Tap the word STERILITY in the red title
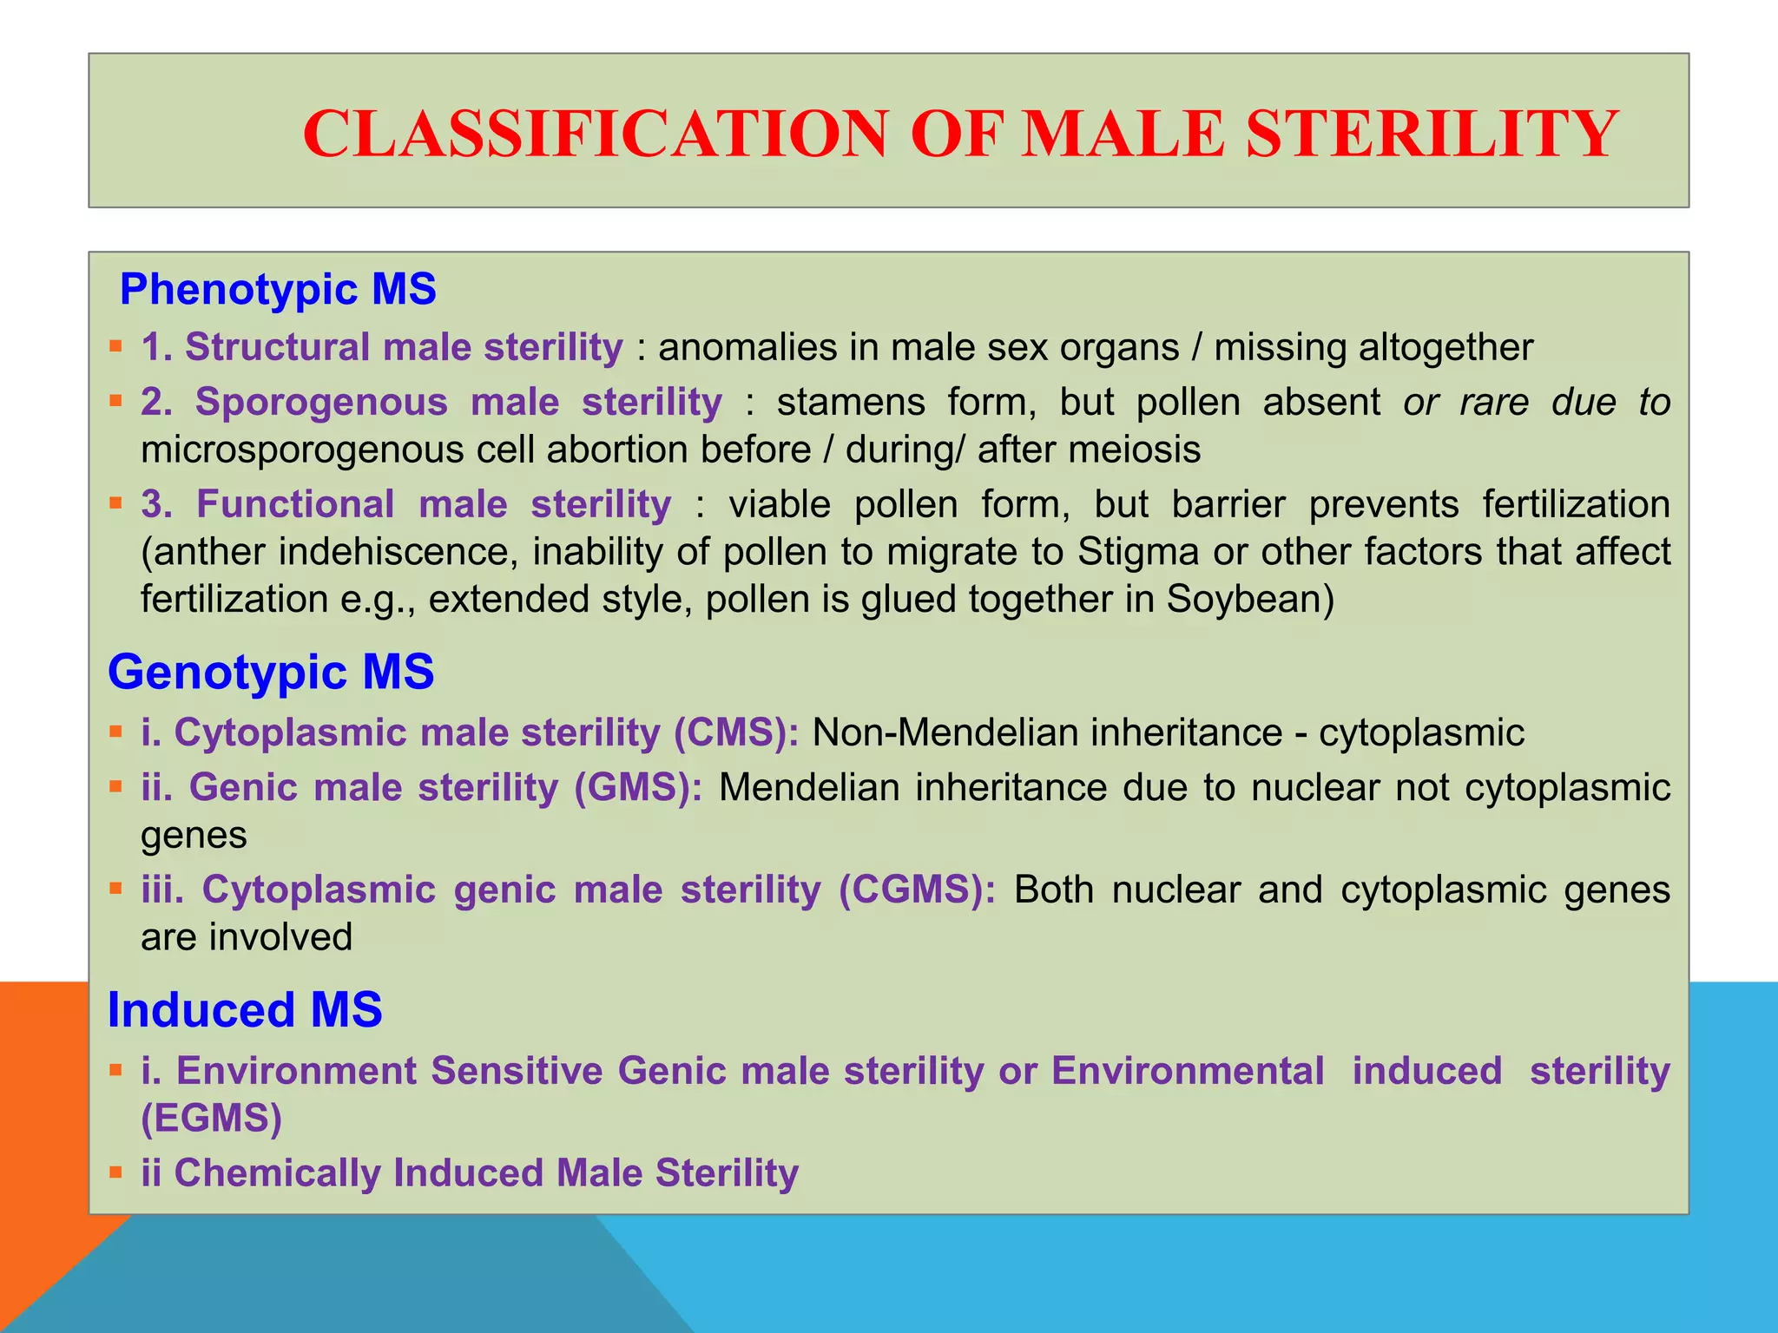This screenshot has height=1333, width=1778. click(x=1432, y=135)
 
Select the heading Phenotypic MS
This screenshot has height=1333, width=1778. click(x=278, y=289)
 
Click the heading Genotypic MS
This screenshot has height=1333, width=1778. click(x=271, y=672)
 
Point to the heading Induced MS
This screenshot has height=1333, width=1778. click(x=245, y=1009)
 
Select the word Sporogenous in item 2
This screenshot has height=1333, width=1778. click(x=321, y=403)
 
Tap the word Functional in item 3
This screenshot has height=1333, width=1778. click(x=295, y=504)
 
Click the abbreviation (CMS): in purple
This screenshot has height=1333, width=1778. click(x=736, y=732)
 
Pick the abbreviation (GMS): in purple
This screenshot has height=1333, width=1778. click(x=638, y=788)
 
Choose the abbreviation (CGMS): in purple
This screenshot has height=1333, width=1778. click(x=918, y=890)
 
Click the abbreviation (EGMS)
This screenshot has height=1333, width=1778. click(x=212, y=1118)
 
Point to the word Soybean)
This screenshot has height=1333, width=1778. click(x=1250, y=600)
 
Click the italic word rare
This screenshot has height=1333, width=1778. click(x=1494, y=403)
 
